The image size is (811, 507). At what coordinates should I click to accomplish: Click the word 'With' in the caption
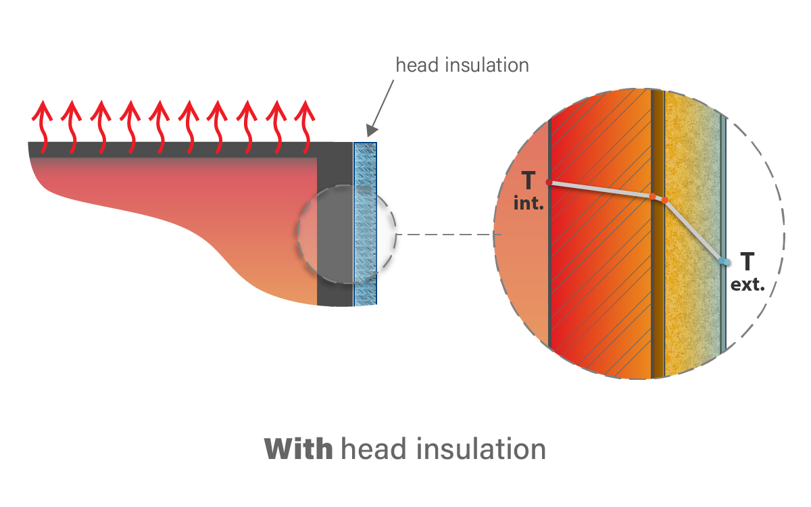coord(297,448)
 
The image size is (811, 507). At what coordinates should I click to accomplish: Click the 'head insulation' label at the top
coord(462,66)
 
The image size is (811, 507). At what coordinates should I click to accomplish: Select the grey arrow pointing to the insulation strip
coord(383,102)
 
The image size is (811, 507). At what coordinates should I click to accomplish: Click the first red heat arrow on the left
coord(43,122)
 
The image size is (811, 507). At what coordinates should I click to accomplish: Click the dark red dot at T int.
coord(548,183)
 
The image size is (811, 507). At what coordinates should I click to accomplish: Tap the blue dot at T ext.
coord(724,261)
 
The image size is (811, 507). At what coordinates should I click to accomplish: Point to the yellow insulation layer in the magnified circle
coord(693,304)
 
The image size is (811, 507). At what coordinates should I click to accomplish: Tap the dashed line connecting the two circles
coord(449,235)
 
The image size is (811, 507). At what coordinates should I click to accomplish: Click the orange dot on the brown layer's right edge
coord(665,200)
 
